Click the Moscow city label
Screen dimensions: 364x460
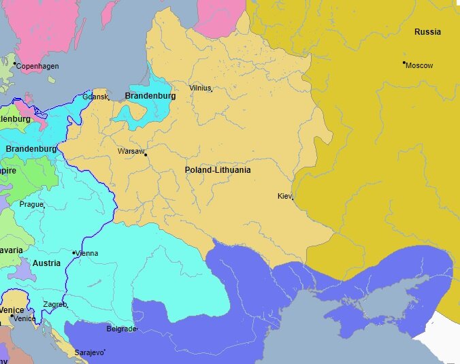420,65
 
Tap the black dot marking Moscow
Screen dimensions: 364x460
404,63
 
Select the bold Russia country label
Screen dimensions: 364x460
427,32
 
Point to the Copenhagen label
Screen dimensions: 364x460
37,66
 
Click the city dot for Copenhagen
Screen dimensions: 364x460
14,63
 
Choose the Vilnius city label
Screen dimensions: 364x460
200,88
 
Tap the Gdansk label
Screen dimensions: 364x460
95,97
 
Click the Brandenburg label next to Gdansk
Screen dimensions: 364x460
150,96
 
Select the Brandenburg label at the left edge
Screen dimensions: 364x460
31,148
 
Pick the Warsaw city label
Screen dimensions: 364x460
130,151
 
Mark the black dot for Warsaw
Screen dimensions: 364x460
145,154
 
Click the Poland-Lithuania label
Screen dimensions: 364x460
218,169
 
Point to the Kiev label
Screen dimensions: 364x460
284,196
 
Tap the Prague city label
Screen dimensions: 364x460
31,204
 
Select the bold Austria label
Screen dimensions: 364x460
46,263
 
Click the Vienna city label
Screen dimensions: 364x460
88,253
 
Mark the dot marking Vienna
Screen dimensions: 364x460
73,252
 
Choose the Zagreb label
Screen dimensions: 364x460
54,304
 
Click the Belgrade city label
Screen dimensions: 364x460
121,329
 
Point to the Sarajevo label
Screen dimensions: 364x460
88,352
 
